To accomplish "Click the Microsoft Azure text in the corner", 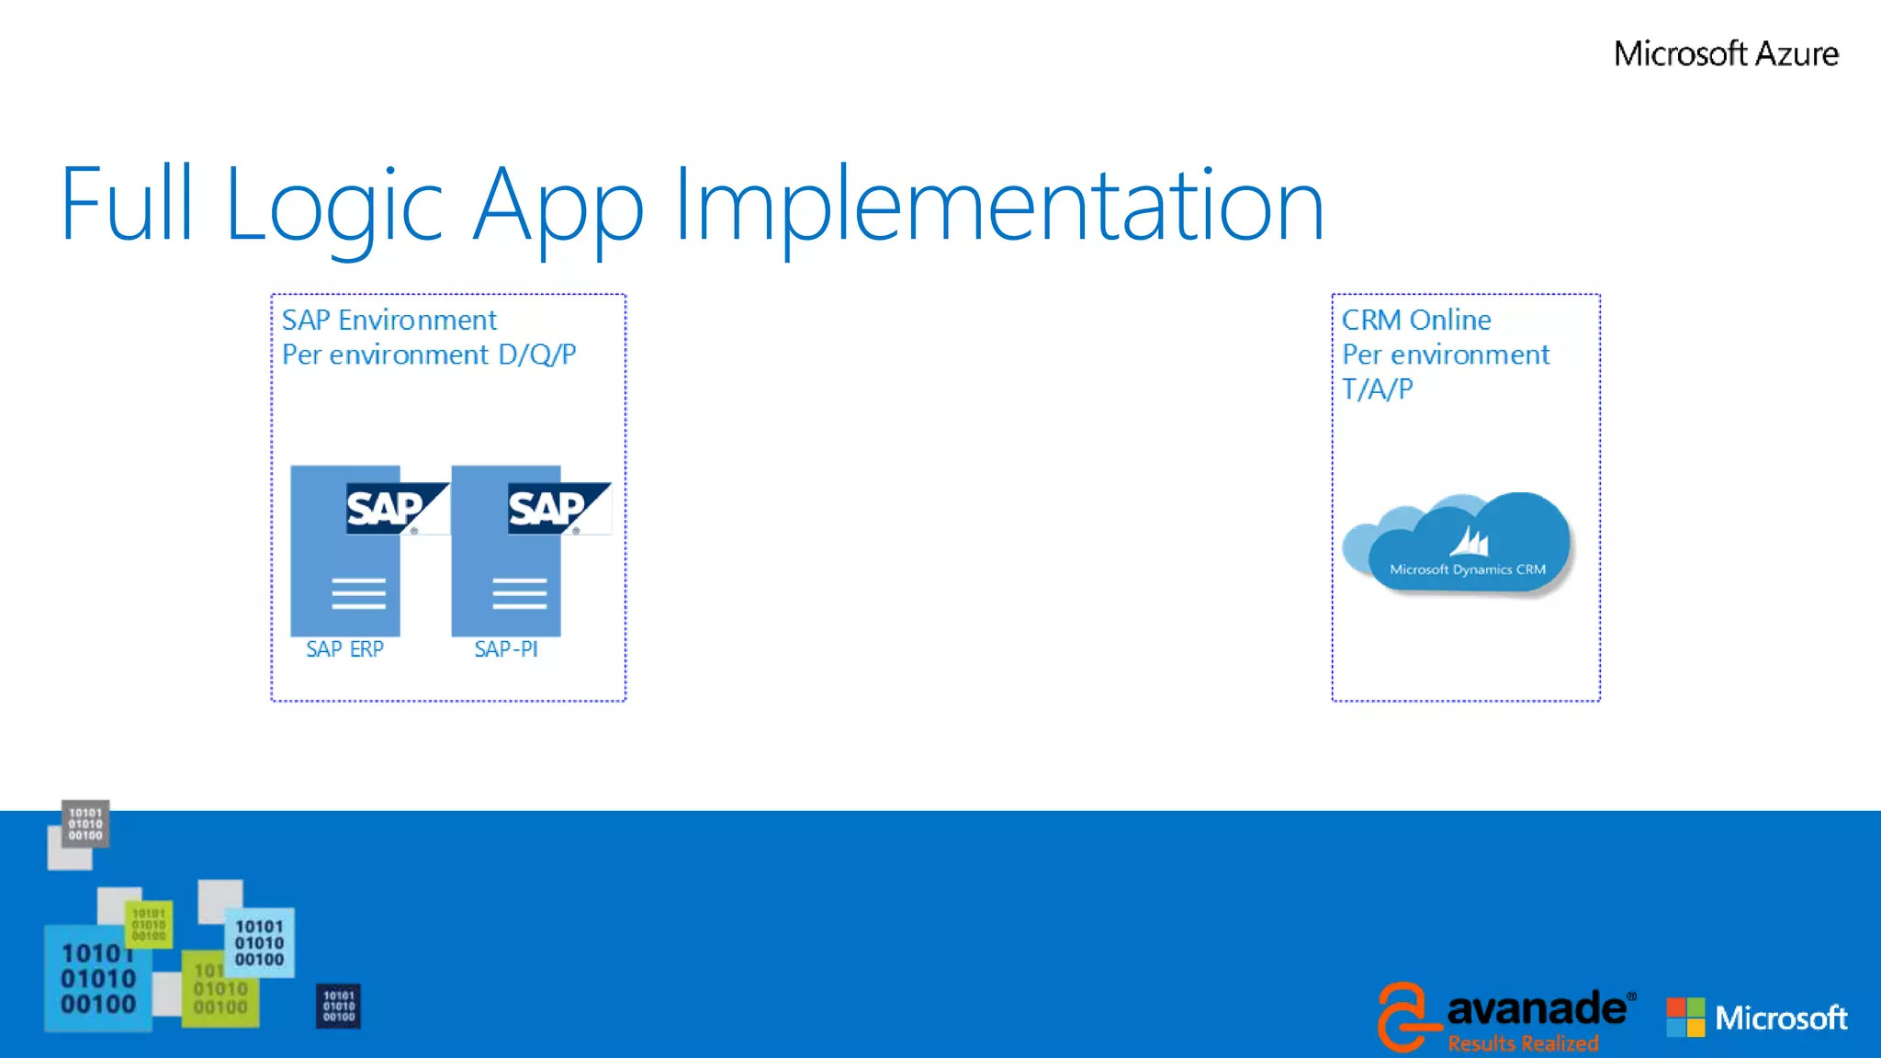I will tap(1725, 53).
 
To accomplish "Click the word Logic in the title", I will tap(334, 207).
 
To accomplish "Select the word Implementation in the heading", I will tap(998, 207).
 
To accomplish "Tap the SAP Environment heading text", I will tap(389, 320).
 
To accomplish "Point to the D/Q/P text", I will tap(537, 355).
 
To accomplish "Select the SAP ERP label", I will tap(344, 649).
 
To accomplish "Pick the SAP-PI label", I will tap(506, 649).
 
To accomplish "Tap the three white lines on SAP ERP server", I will tap(358, 593).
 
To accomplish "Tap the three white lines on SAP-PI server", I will tap(519, 593).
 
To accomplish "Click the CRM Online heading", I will tap(1415, 320).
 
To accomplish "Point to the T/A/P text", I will tap(1377, 389).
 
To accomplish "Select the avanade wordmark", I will tap(1536, 1009).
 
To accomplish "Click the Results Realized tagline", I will tap(1523, 1043).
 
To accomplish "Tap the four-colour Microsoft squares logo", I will tap(1685, 1018).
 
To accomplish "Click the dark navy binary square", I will tap(338, 1006).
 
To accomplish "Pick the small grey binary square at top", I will tap(85, 824).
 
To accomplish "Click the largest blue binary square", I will tap(97, 978).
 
